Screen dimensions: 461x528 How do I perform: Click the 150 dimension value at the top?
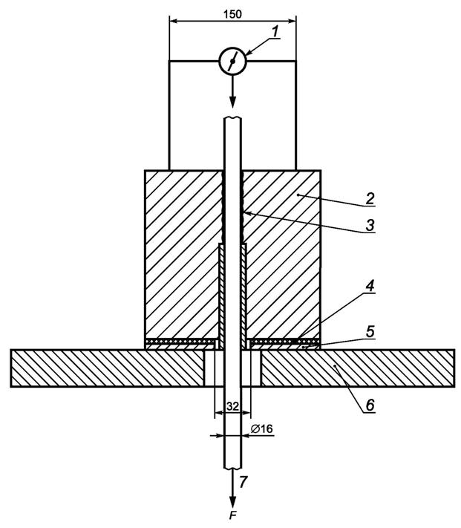[x=232, y=14]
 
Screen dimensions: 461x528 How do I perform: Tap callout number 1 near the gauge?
[x=275, y=31]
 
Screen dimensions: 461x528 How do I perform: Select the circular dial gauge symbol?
[x=232, y=61]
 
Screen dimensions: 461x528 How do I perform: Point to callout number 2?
[x=370, y=198]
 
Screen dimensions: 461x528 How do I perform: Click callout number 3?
[x=370, y=225]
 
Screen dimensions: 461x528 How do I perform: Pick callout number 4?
[x=370, y=286]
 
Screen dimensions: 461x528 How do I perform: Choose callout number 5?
[x=370, y=331]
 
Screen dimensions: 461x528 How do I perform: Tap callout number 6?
[x=370, y=405]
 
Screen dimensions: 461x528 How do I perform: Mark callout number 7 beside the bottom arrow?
[x=243, y=482]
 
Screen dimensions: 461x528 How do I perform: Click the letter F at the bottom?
[x=232, y=515]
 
